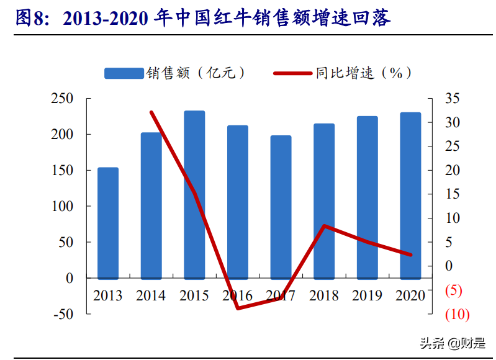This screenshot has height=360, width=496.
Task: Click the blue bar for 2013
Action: (x=108, y=223)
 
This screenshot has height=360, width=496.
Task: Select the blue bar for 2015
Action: (x=194, y=195)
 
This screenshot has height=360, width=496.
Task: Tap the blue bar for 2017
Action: (x=281, y=207)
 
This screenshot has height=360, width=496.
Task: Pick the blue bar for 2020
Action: (x=410, y=196)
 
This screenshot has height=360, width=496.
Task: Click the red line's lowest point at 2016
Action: (x=238, y=308)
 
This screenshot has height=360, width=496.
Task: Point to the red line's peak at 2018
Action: (x=324, y=226)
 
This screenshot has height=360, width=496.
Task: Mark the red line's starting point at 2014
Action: (x=151, y=112)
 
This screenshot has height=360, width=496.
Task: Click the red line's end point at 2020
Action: (x=410, y=254)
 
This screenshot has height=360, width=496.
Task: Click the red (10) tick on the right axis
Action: (x=457, y=315)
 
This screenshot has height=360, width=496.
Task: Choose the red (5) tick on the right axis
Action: (x=454, y=290)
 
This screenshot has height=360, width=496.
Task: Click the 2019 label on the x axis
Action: (x=367, y=295)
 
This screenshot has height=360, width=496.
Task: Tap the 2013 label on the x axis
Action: (x=108, y=295)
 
